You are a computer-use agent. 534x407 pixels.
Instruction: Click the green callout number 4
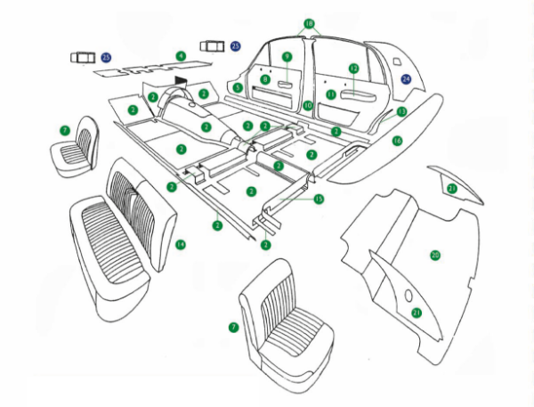click(x=181, y=55)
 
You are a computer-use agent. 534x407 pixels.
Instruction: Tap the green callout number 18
click(x=309, y=23)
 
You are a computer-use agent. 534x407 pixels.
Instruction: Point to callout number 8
click(x=265, y=79)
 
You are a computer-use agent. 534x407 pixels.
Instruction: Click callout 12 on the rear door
click(x=353, y=68)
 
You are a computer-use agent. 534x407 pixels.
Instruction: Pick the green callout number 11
click(x=330, y=94)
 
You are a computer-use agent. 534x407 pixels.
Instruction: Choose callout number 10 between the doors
click(x=308, y=105)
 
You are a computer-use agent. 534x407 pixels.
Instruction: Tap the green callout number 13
click(x=401, y=111)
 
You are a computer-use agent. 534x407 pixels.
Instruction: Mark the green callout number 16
click(x=398, y=141)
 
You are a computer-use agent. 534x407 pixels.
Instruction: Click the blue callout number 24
click(x=406, y=78)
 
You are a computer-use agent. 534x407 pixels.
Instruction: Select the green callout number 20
click(x=435, y=255)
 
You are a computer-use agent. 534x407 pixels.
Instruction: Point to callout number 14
click(x=180, y=243)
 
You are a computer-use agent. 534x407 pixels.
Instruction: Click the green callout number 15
click(x=319, y=199)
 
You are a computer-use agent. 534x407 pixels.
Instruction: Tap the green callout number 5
click(x=238, y=87)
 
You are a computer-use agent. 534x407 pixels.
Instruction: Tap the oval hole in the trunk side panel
click(x=408, y=295)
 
